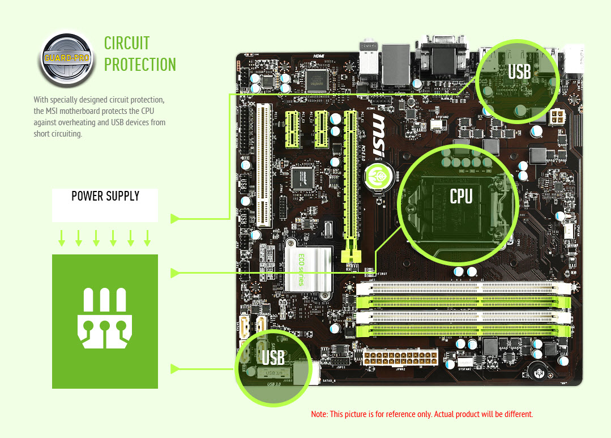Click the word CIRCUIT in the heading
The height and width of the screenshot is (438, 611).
point(127,43)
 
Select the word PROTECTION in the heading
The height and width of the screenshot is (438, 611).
point(140,65)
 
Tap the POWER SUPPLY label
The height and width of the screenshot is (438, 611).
point(105,197)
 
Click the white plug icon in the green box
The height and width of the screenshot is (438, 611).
point(105,318)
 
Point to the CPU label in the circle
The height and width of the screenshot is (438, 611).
point(461,196)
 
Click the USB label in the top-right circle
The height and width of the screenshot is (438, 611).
point(519,72)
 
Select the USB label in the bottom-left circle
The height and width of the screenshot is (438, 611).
point(273,358)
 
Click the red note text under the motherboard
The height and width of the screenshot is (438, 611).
point(422,414)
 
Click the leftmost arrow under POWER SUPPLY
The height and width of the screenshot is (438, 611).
point(62,239)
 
